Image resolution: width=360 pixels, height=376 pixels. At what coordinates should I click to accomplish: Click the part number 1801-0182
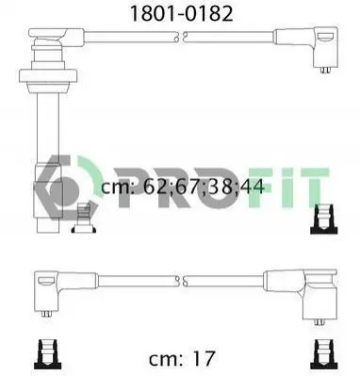182,14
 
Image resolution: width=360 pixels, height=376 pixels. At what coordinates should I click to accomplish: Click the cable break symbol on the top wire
181,37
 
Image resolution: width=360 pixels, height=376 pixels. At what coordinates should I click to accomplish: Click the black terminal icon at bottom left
49,354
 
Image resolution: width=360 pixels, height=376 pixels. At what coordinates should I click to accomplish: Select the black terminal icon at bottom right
323,354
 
